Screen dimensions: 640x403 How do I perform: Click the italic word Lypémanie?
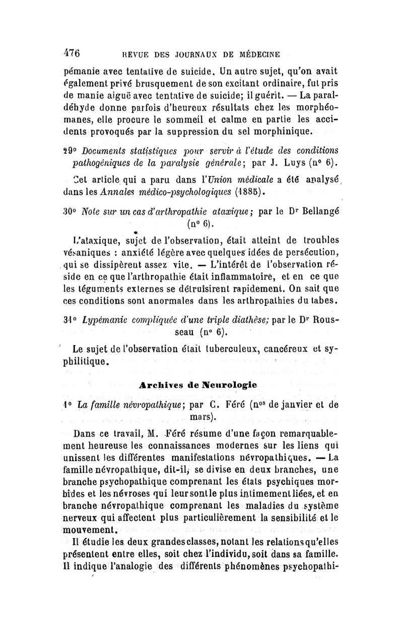pos(107,319)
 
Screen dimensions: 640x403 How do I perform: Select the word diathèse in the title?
pos(248,319)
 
